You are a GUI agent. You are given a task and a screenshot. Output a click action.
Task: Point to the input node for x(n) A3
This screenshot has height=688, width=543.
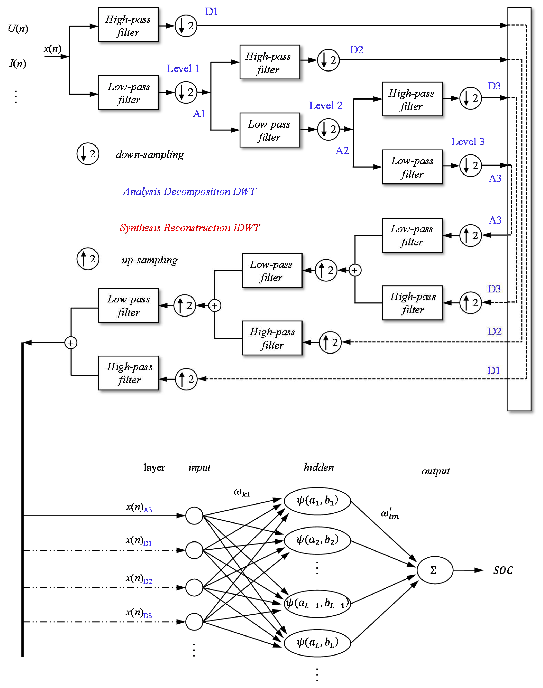pos(194,515)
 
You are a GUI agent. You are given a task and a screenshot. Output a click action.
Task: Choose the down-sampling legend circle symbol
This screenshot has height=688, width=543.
pos(88,154)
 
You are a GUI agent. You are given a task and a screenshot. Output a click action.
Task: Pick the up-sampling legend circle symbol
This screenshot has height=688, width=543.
pos(88,259)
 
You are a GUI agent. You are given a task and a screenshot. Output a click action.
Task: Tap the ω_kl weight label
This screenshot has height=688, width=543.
pos(242,493)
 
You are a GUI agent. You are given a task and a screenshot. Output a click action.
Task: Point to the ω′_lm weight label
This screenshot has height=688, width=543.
pos(389,514)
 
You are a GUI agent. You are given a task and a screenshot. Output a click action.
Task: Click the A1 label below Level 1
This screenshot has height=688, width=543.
pos(199,114)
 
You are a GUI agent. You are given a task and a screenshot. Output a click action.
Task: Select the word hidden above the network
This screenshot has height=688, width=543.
pos(319,468)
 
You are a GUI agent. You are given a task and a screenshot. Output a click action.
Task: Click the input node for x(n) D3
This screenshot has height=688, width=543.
pos(194,622)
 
